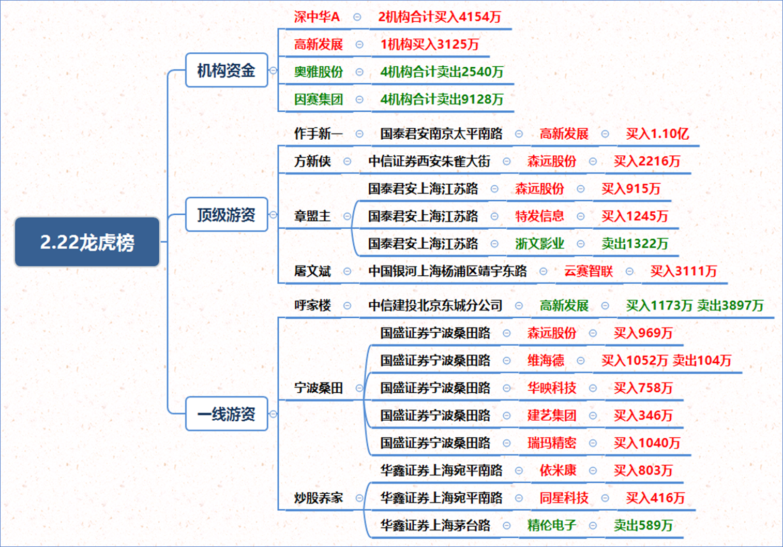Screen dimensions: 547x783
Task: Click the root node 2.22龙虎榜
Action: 87,242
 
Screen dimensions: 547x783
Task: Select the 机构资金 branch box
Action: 227,70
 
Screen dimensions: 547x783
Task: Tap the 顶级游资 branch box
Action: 227,214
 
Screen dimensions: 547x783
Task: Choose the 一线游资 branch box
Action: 227,414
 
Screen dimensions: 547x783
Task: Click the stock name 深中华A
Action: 317,17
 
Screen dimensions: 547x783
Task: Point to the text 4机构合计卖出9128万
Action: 442,99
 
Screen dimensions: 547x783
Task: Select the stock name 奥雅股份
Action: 319,72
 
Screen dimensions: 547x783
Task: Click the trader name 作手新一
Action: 318,134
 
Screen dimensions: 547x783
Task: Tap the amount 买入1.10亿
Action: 657,134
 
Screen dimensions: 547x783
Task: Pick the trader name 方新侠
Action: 312,161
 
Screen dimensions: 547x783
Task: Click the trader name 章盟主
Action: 312,216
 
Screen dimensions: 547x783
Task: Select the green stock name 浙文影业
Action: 539,244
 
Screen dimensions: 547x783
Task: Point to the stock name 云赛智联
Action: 589,271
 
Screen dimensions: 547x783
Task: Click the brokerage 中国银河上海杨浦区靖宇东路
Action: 447,271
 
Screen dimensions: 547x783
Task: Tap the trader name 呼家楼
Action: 312,306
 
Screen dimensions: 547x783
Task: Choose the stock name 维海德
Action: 546,361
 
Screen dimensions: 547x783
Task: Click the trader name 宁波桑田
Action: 319,388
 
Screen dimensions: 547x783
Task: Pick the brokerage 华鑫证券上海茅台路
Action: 435,526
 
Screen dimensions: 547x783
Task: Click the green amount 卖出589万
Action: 643,526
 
